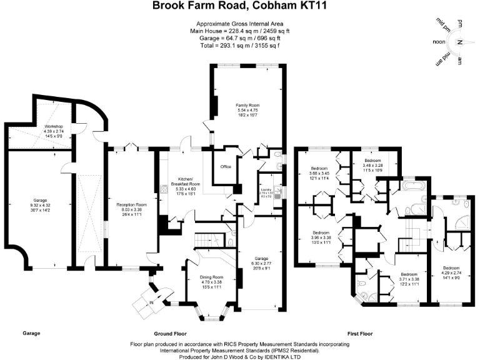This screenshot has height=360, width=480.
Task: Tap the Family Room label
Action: tap(247, 105)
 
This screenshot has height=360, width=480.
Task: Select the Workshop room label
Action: tap(54, 126)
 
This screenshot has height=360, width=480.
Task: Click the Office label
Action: tap(226, 167)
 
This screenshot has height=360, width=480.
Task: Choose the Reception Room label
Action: tap(131, 204)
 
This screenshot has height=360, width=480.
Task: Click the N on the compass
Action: tap(459, 42)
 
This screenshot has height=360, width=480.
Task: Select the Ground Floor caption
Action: tap(171, 333)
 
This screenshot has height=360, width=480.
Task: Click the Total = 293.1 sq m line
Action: tap(239, 46)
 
